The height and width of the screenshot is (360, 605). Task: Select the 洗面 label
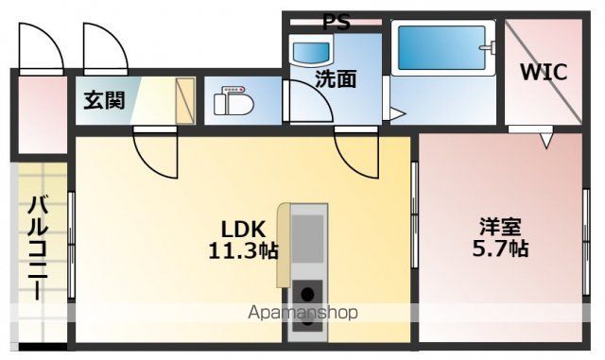click(335, 79)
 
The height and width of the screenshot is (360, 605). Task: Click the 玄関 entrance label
click(104, 100)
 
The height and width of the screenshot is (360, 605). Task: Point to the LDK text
click(243, 230)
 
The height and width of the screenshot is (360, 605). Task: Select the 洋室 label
click(501, 228)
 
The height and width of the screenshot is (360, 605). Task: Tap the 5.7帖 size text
click(501, 249)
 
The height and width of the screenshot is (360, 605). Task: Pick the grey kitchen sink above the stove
click(307, 239)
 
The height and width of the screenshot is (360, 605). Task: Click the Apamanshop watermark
click(303, 314)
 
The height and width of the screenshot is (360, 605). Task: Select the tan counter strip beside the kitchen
click(283, 244)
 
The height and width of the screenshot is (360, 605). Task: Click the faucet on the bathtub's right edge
click(487, 44)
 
